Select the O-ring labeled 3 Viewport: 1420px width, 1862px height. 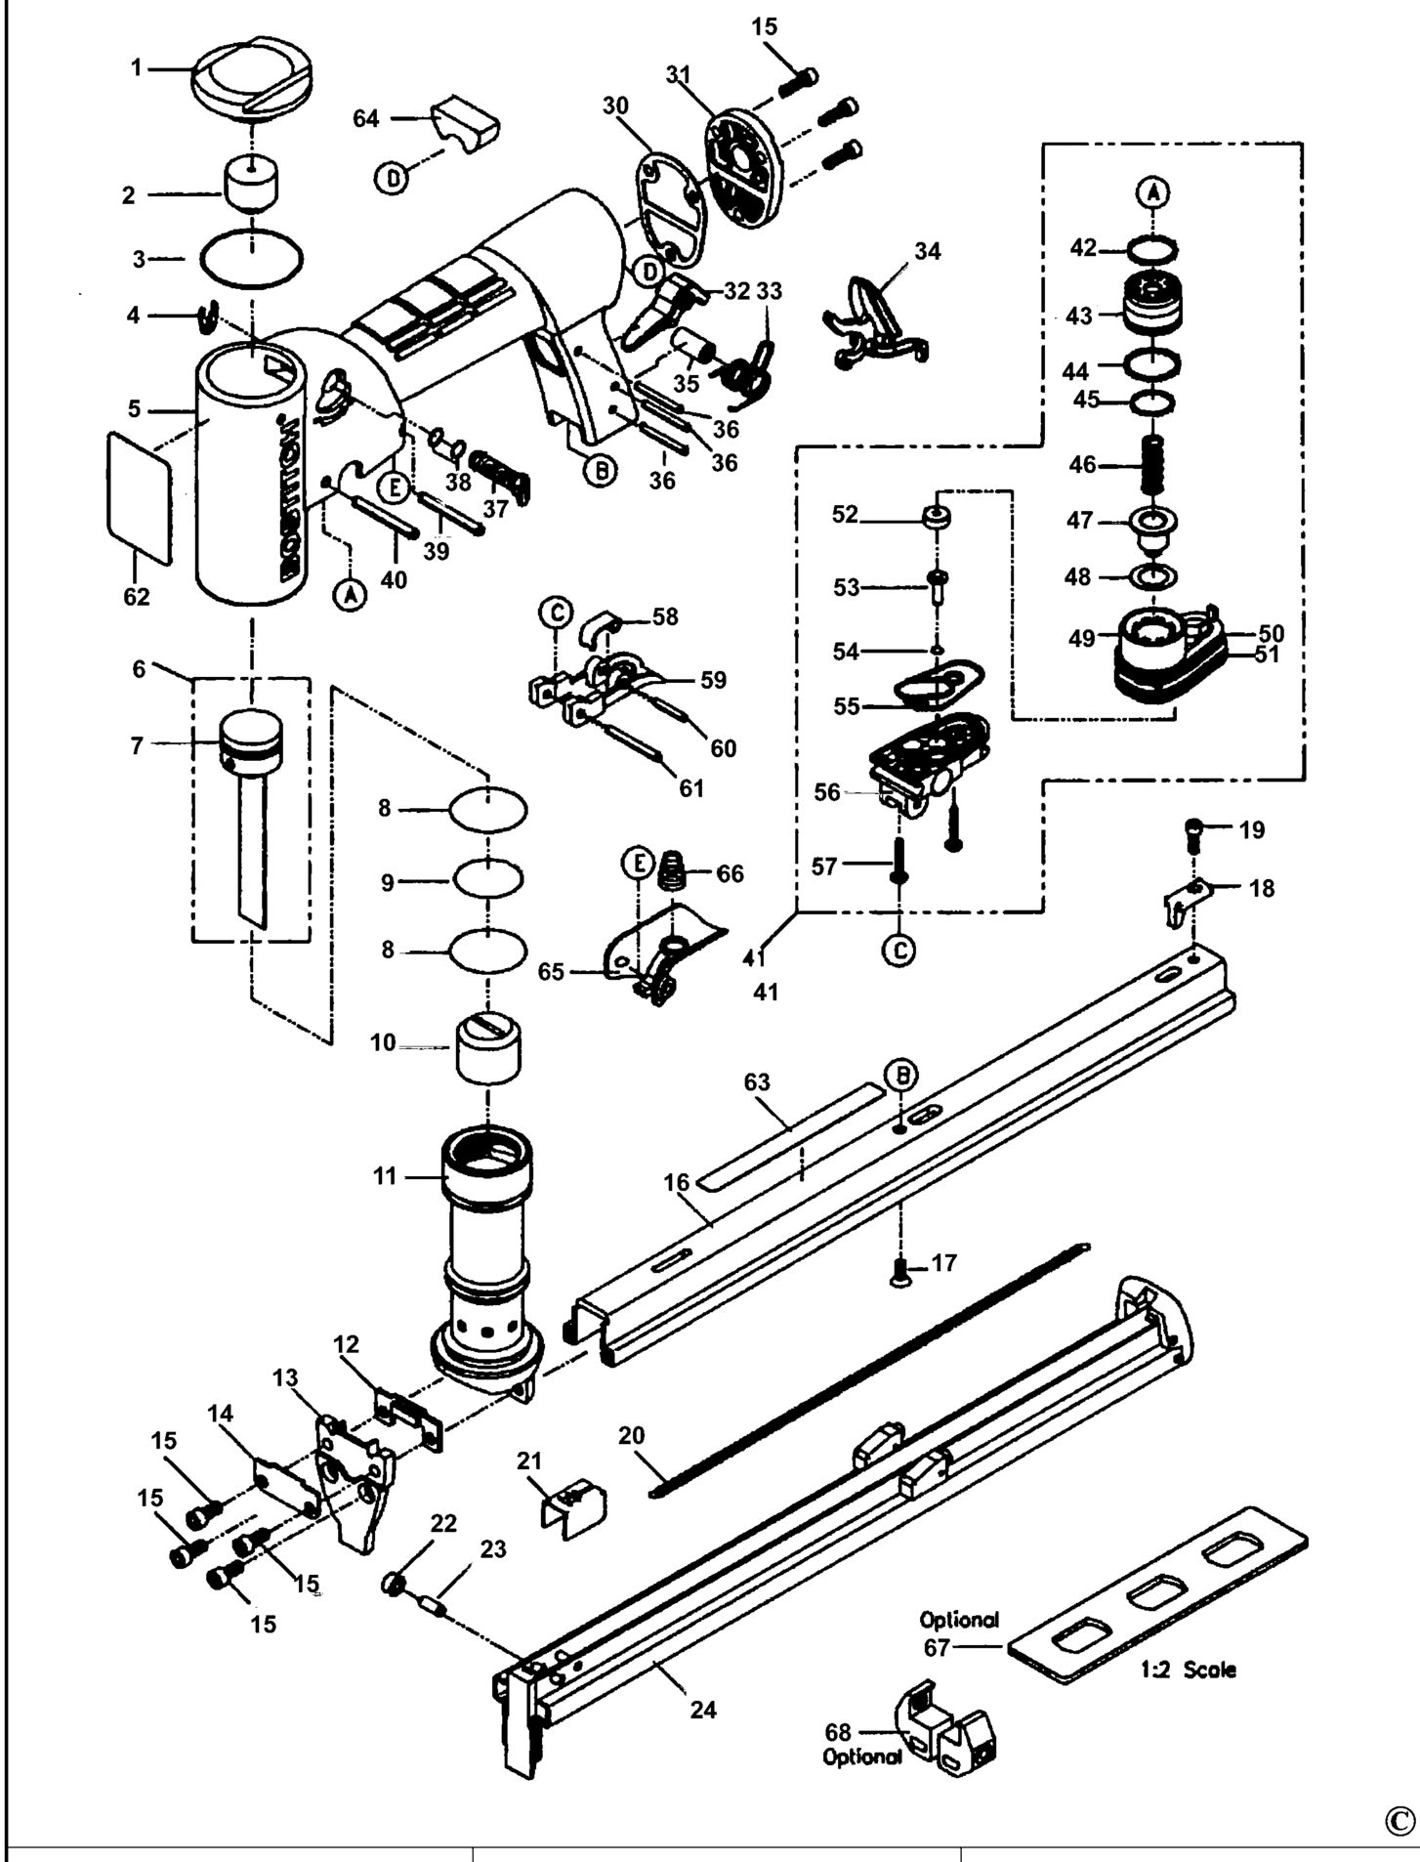[251, 260]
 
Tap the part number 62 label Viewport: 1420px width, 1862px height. [137, 596]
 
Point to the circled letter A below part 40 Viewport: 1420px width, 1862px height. [350, 593]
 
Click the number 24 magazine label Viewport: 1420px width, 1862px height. [703, 1709]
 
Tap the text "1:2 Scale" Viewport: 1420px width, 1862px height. [1188, 1670]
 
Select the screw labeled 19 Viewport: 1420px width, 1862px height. [1193, 831]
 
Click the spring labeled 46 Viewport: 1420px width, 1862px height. [1153, 465]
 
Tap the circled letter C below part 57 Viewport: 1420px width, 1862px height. [898, 949]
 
